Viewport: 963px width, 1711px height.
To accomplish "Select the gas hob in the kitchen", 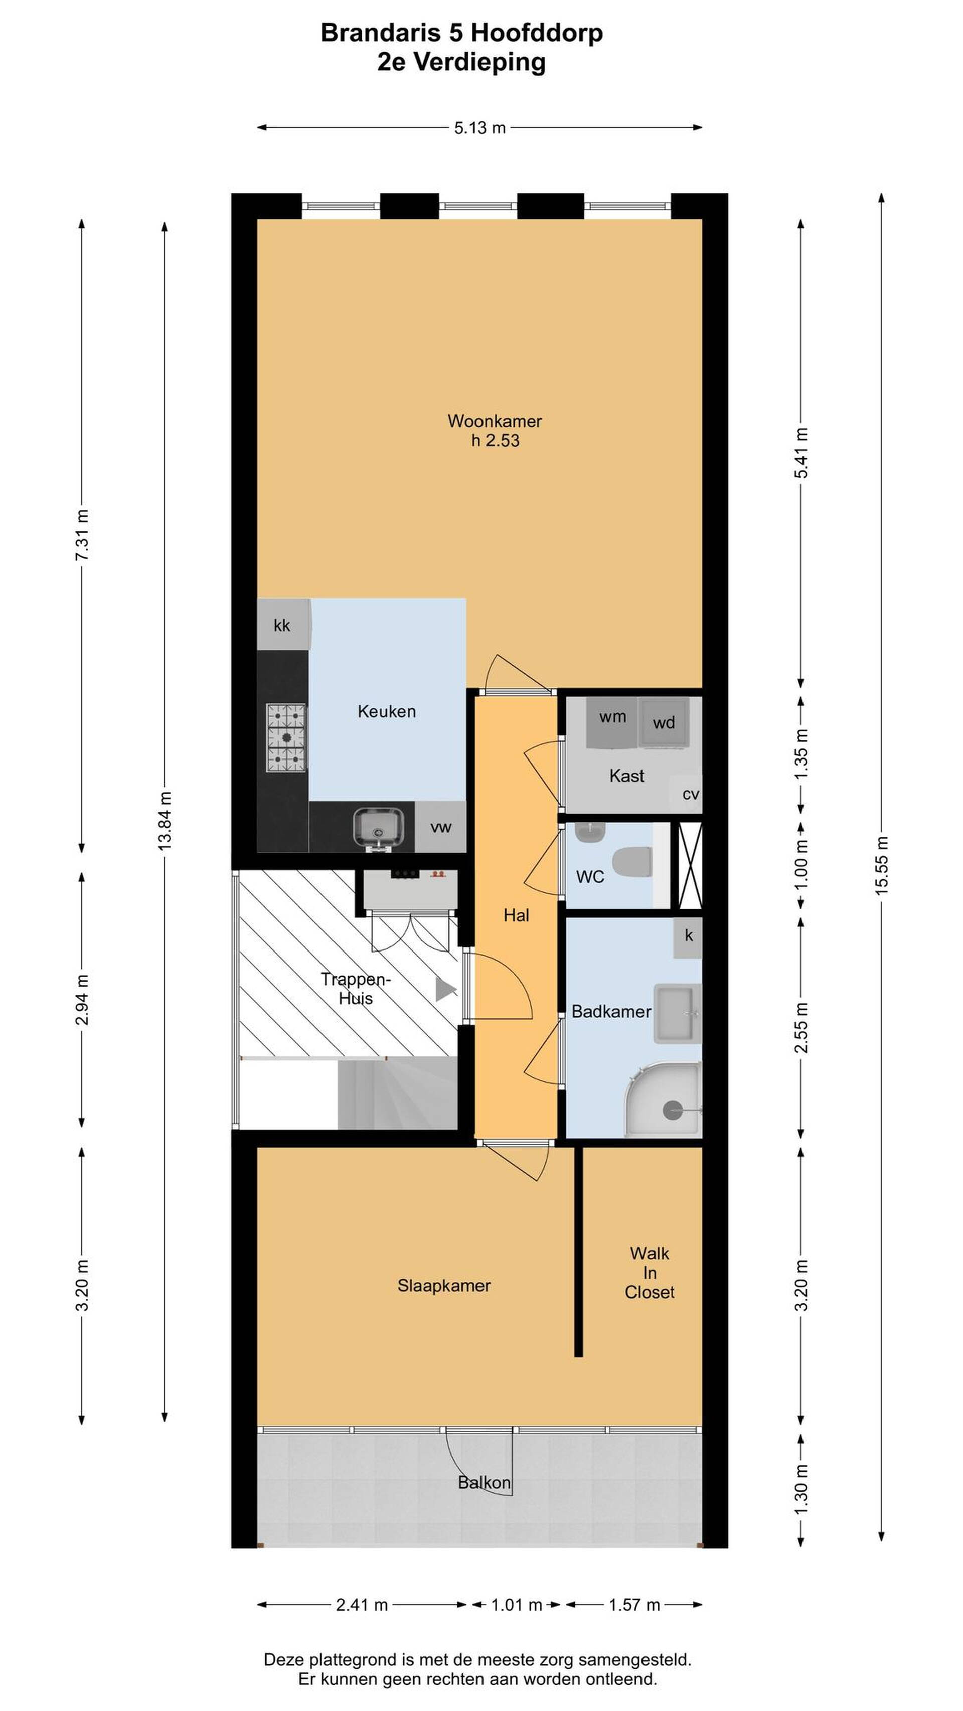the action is pos(286,738).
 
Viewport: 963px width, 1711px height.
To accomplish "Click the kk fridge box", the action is pos(283,624).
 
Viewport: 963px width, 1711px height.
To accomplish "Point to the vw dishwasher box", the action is pos(440,827).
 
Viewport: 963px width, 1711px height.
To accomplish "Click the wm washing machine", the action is pos(612,722).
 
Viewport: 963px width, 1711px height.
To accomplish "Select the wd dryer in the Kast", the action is pos(663,723).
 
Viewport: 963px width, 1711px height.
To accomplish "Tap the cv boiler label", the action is pos(691,794).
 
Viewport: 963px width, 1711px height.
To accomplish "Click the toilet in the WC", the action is pos(632,862).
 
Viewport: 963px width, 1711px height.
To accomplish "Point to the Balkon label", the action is pos(485,1482).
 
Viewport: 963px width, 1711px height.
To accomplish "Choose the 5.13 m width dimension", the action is pos(480,127).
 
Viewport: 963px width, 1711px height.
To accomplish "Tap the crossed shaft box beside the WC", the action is pos(690,865).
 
